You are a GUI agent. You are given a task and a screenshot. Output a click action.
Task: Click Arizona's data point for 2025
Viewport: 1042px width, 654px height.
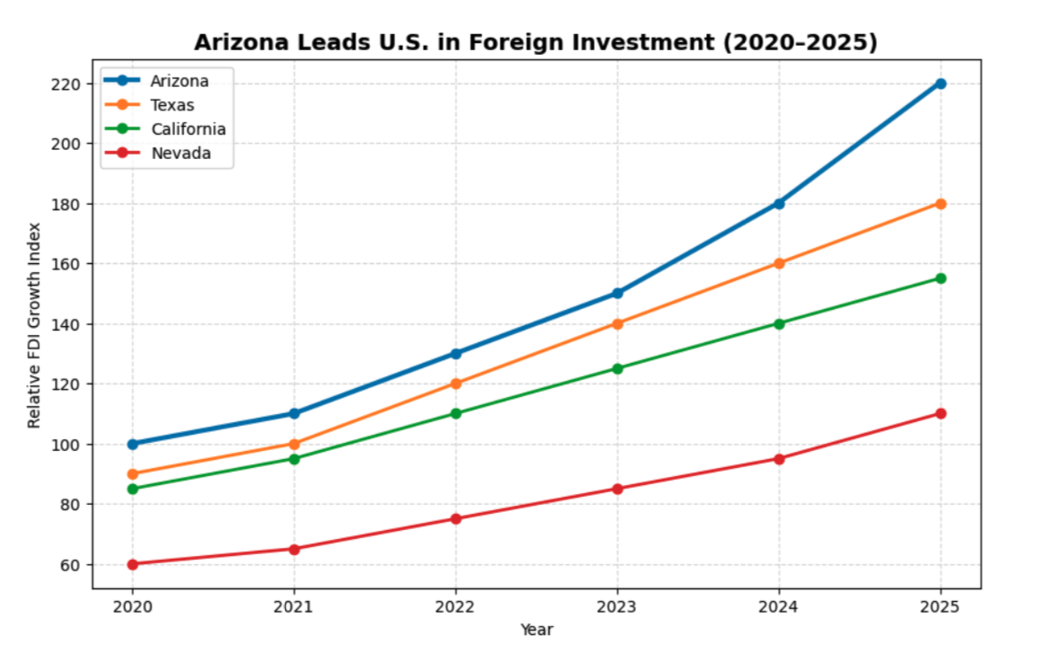pos(940,84)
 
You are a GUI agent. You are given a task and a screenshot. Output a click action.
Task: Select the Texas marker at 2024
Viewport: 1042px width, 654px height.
pos(779,263)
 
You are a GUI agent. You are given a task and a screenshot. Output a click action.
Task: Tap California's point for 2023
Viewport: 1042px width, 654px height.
pos(617,368)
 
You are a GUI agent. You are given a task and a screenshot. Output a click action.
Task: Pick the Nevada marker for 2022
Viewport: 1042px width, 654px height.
pos(455,518)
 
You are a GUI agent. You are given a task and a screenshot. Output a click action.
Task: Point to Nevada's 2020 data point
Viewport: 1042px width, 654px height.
pos(133,564)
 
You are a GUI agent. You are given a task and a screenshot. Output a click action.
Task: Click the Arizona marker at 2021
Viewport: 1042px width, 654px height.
pos(294,413)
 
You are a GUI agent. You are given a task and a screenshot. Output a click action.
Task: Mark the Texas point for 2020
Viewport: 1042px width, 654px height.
pos(133,473)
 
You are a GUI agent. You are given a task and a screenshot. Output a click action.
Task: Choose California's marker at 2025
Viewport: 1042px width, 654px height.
pos(940,278)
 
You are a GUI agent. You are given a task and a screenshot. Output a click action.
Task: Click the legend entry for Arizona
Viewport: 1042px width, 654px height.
pos(180,81)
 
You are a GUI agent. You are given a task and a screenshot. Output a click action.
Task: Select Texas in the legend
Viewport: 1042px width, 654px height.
pos(172,105)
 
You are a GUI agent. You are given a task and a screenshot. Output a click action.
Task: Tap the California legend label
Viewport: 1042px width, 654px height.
pos(188,129)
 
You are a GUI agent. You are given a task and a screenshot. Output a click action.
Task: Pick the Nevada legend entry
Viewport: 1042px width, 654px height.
pos(181,154)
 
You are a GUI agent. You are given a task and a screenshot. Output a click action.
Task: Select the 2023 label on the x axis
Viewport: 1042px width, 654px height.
pos(617,606)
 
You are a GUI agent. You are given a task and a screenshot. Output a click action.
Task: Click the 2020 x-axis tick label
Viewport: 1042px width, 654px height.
pos(133,606)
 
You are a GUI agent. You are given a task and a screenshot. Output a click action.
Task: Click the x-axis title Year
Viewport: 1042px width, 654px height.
pos(536,630)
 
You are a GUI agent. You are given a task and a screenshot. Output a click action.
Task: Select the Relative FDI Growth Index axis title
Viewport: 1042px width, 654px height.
pos(34,324)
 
